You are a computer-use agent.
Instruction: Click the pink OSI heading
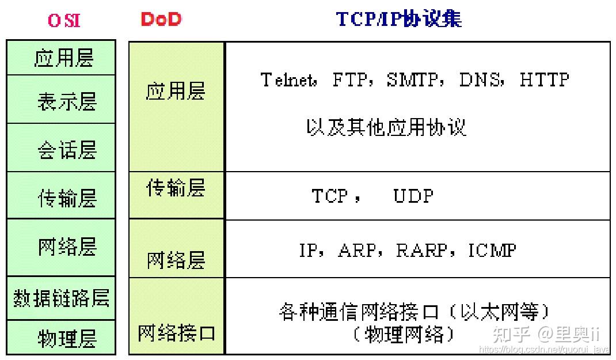[x=64, y=21]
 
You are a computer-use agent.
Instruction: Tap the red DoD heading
[x=161, y=20]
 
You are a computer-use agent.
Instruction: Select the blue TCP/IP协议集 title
[x=398, y=20]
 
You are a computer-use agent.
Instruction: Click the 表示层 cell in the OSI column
[x=65, y=101]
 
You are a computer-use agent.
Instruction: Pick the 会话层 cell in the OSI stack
[x=65, y=150]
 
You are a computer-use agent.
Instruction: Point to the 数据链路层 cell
[x=61, y=298]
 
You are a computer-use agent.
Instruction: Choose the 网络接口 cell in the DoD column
[x=177, y=332]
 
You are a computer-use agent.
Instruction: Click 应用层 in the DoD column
[x=176, y=92]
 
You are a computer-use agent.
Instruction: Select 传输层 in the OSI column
[x=65, y=198]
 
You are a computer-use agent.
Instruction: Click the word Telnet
[x=288, y=79]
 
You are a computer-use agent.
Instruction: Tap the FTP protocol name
[x=349, y=79]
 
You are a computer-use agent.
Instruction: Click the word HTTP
[x=544, y=79]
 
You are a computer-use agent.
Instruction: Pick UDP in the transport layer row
[x=413, y=196]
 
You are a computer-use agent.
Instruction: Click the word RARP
[x=421, y=250]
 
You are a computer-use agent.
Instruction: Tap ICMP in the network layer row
[x=492, y=250]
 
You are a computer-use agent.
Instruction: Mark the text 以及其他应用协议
[x=386, y=127]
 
